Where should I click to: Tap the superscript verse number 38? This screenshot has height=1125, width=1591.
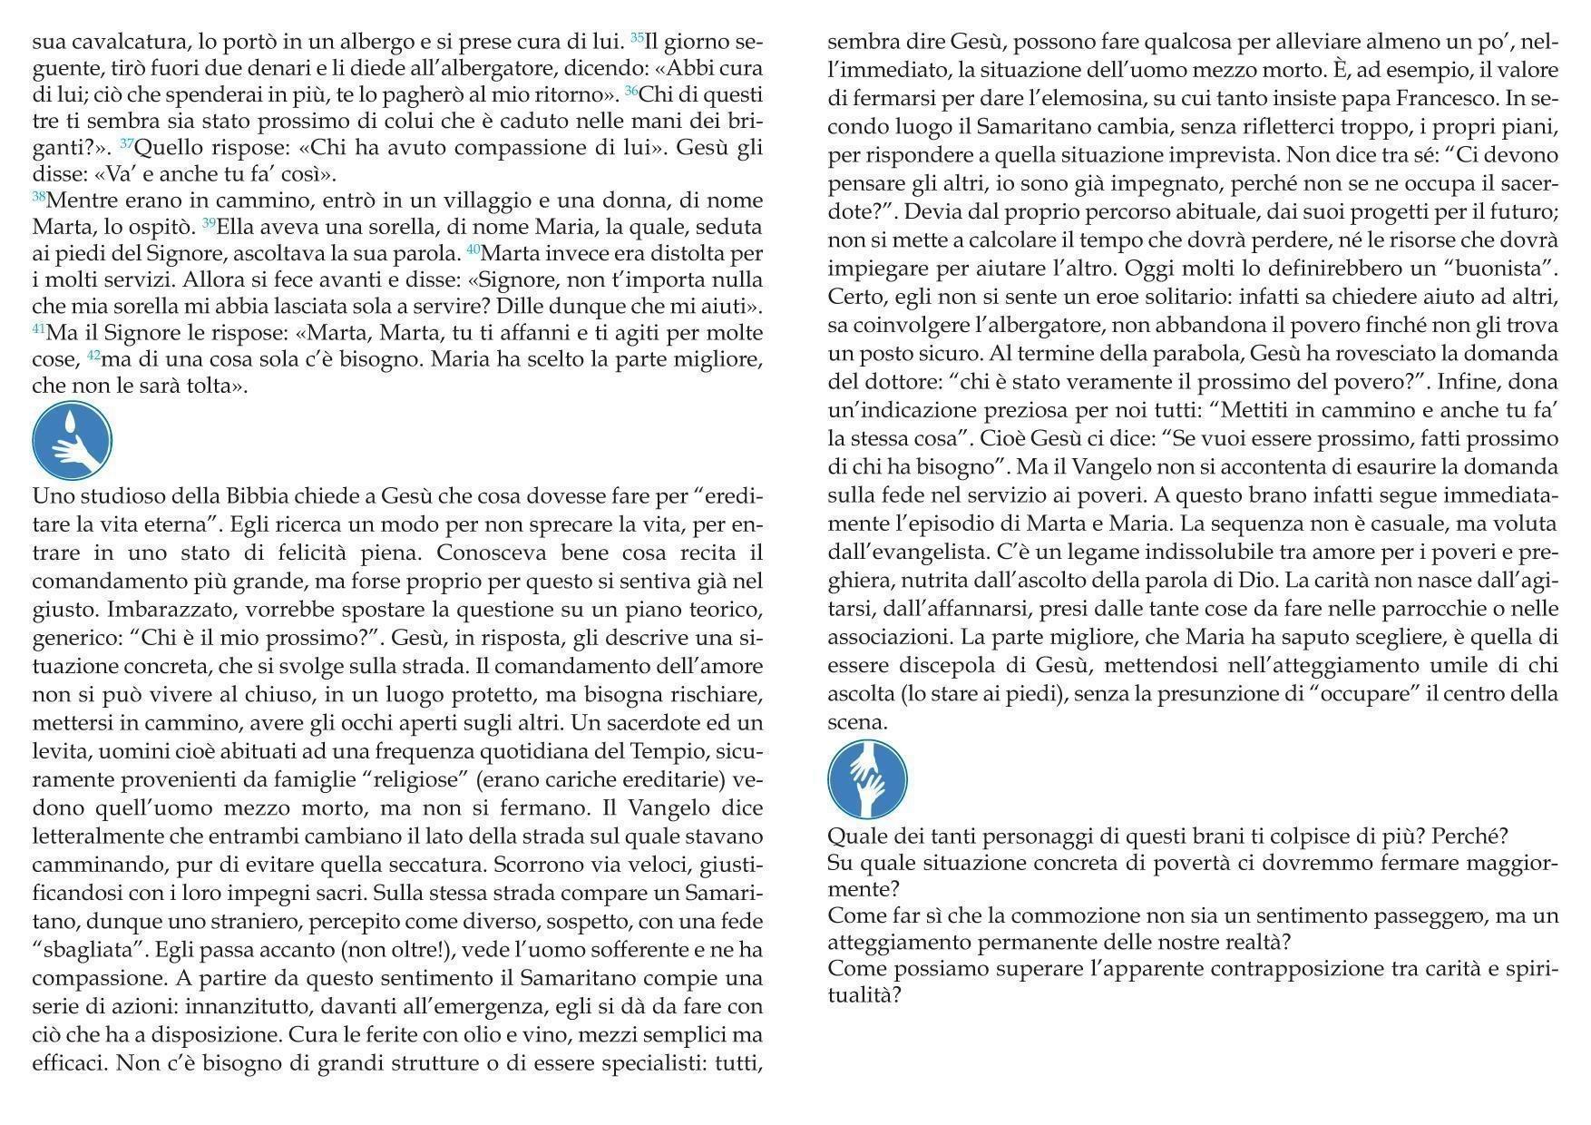point(38,196)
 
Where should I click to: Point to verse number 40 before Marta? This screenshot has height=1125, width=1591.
point(473,249)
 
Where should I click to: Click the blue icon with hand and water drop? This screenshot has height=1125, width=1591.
point(73,442)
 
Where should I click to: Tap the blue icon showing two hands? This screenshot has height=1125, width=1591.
point(867,779)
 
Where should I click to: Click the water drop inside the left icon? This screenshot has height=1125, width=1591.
point(72,424)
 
